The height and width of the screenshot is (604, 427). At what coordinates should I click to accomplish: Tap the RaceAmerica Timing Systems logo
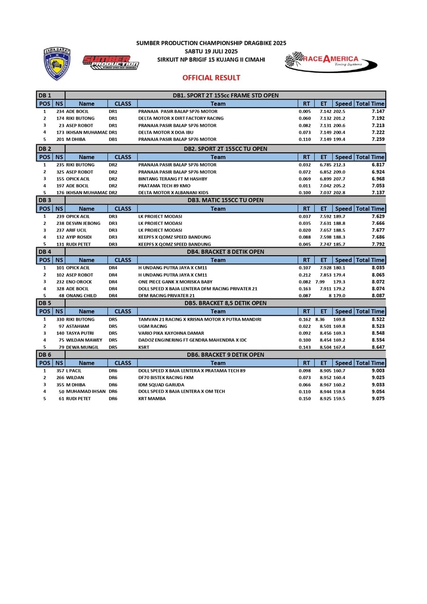click(331, 62)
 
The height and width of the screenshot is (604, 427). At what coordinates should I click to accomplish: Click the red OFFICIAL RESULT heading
click(211, 78)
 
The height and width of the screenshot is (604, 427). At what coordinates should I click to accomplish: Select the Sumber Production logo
click(111, 62)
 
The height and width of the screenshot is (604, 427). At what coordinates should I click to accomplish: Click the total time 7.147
click(378, 111)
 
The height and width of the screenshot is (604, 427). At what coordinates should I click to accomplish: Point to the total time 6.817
click(378, 165)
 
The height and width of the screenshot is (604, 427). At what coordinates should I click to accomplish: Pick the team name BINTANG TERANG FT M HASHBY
click(173, 179)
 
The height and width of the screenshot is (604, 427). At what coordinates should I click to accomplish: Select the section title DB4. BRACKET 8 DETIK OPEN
click(225, 252)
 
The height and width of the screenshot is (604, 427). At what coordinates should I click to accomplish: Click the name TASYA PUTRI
click(80, 333)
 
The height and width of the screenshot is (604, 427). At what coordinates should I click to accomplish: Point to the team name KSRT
click(144, 347)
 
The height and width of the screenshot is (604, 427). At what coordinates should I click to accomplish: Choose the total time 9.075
click(378, 399)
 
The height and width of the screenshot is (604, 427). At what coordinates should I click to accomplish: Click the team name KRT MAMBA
click(152, 399)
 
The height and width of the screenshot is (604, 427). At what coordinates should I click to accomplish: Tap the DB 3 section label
click(45, 200)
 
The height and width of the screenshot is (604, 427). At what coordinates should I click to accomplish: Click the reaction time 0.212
click(305, 275)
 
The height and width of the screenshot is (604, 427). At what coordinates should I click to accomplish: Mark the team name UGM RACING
click(153, 326)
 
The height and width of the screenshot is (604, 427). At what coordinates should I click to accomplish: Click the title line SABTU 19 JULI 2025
click(211, 51)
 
